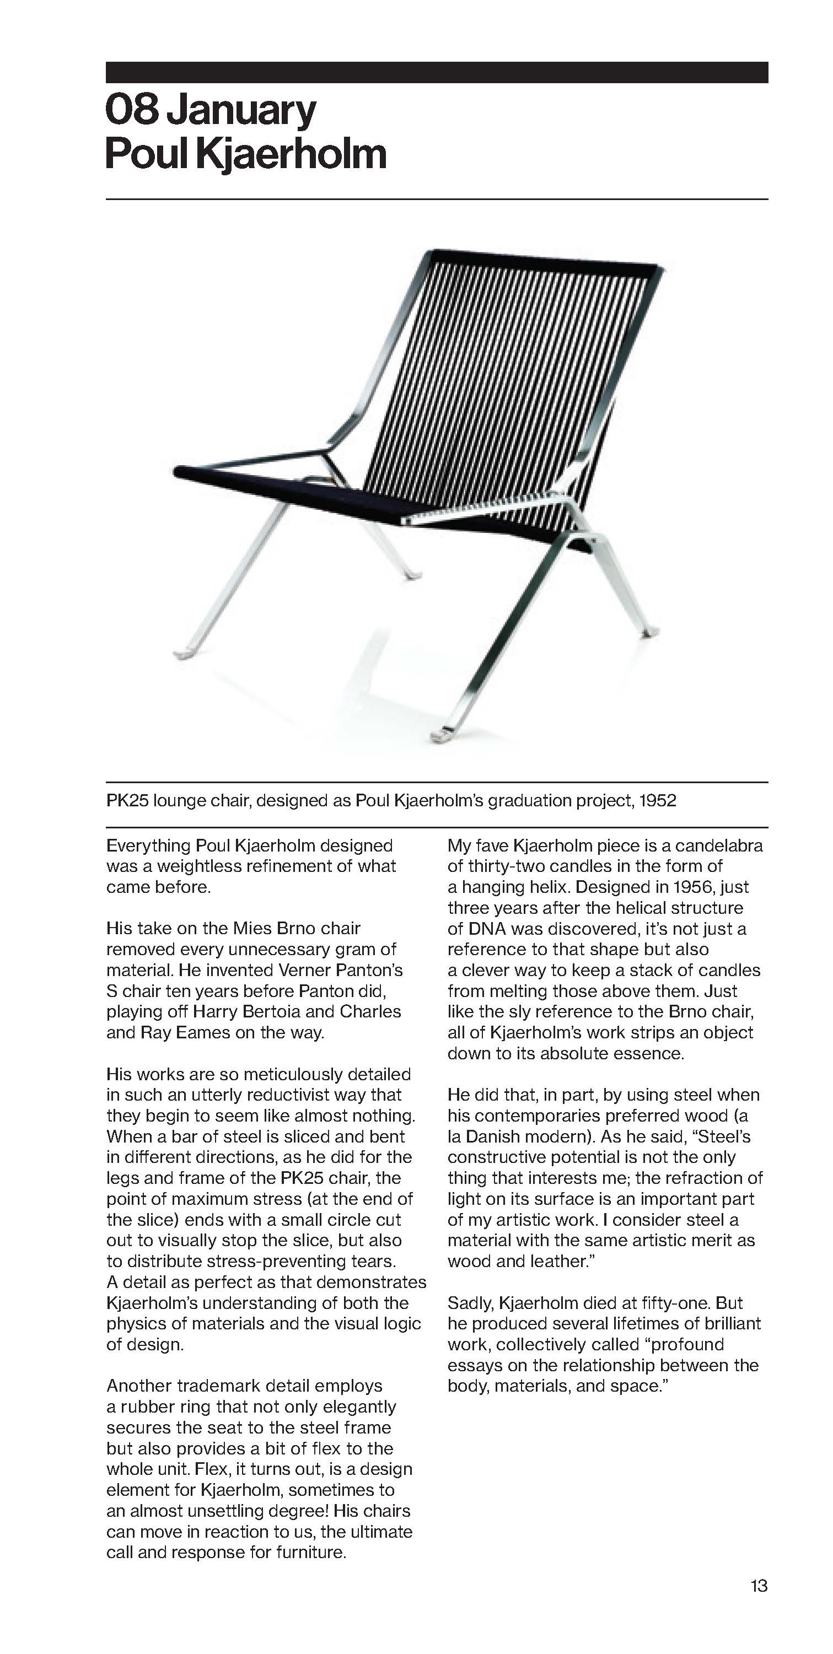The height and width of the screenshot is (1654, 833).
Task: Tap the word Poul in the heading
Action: click(146, 154)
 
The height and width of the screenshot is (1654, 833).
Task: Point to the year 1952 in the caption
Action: click(658, 801)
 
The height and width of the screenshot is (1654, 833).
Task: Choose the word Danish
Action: click(492, 1136)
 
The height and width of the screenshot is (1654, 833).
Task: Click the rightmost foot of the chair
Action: click(649, 633)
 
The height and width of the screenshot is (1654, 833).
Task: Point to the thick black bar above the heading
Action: click(437, 72)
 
